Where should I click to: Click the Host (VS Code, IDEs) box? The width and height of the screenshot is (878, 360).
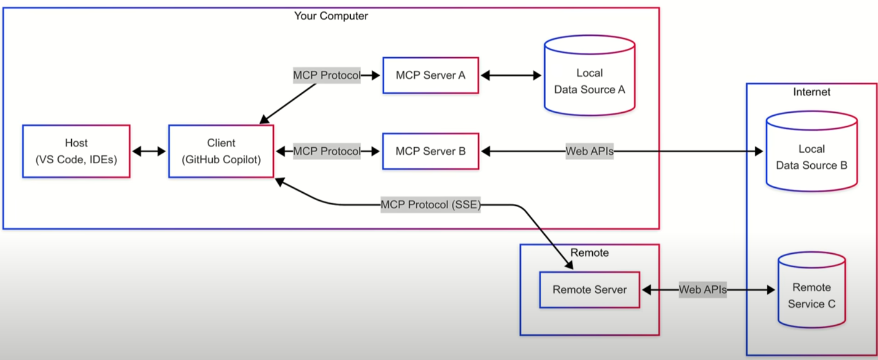pyautogui.click(x=76, y=151)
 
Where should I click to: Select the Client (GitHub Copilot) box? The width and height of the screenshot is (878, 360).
pyautogui.click(x=221, y=151)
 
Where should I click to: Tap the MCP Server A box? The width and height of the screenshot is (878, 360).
pyautogui.click(x=430, y=75)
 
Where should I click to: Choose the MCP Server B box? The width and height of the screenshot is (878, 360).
pyautogui.click(x=430, y=151)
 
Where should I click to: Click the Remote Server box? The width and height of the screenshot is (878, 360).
pyautogui.click(x=589, y=290)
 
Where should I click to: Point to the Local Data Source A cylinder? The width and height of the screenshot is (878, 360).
pyautogui.click(x=589, y=75)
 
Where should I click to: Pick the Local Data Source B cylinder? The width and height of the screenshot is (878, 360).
pyautogui.click(x=812, y=151)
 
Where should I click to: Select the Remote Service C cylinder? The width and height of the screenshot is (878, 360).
pyautogui.click(x=812, y=290)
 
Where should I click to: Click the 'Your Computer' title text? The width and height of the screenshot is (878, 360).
pyautogui.click(x=331, y=16)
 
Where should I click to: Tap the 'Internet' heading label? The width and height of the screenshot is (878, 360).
pyautogui.click(x=812, y=92)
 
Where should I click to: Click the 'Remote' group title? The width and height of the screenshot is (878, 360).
pyautogui.click(x=589, y=253)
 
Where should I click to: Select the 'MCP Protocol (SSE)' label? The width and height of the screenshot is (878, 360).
pyautogui.click(x=430, y=205)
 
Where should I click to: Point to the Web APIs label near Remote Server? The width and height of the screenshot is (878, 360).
pyautogui.click(x=702, y=290)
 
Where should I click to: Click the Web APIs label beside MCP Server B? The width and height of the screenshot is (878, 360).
pyautogui.click(x=589, y=151)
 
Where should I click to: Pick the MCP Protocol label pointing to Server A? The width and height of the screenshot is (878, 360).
pyautogui.click(x=327, y=75)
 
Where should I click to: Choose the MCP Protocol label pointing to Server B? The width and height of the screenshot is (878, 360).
pyautogui.click(x=327, y=151)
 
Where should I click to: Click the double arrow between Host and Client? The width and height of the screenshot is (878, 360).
pyautogui.click(x=149, y=151)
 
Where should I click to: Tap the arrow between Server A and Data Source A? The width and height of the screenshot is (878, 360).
pyautogui.click(x=511, y=75)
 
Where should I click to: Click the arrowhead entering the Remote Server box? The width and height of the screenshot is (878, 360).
pyautogui.click(x=569, y=265)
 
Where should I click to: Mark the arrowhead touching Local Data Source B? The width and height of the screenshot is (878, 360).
pyautogui.click(x=759, y=151)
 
